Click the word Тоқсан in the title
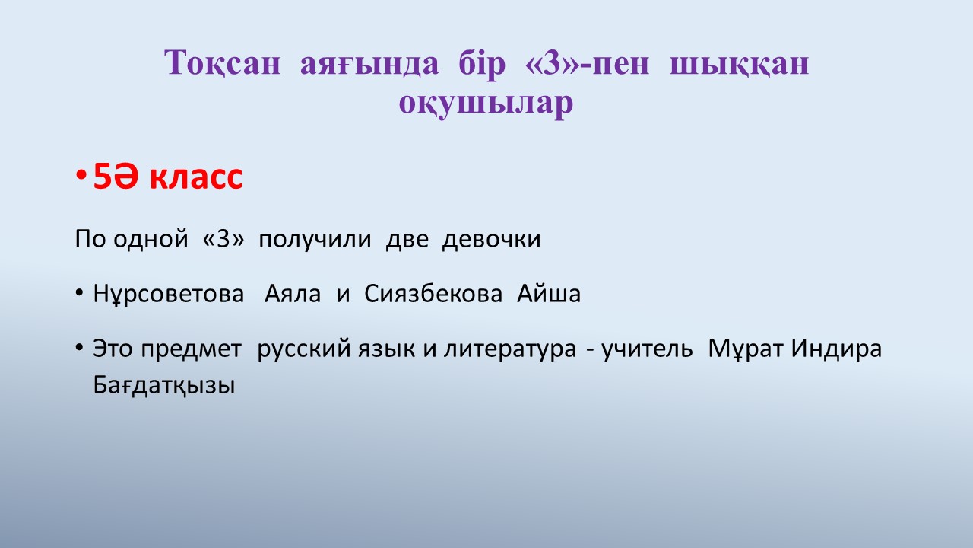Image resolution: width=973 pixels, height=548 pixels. coord(223,63)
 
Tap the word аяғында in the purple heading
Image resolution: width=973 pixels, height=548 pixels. coord(369,65)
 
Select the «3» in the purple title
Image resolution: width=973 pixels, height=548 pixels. coord(551,63)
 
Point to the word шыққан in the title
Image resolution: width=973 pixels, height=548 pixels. coord(740,65)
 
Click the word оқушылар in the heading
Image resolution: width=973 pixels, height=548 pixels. coord(486,104)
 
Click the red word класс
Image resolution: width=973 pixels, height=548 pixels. coord(195,178)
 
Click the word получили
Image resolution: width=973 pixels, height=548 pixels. coord(315,240)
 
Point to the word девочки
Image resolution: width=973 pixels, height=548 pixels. coord(491,239)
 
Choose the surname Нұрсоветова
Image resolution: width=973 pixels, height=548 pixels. coord(169,294)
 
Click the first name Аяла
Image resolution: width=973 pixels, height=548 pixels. coord(293,294)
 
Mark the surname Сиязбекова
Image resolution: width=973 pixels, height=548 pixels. coord(433,294)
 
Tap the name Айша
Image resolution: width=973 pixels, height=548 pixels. coord(549,293)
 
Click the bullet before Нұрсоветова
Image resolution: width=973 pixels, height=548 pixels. coord(79,293)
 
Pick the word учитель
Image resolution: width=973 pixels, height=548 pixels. coord(647,349)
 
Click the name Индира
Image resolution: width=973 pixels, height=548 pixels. coord(836,349)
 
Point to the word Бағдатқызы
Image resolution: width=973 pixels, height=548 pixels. coord(163,386)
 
